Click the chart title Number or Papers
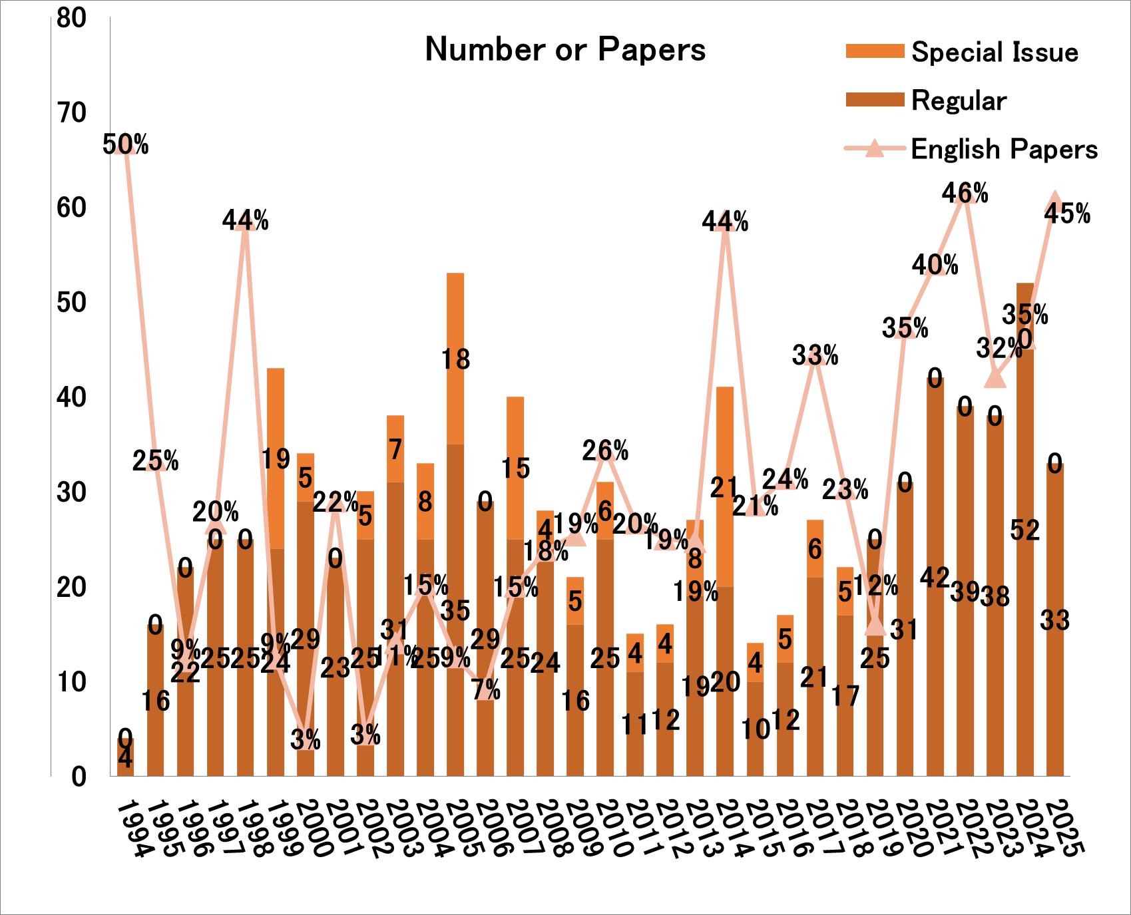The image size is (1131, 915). (x=565, y=50)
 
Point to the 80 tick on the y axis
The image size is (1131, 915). (x=72, y=18)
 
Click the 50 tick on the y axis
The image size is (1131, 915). (x=72, y=303)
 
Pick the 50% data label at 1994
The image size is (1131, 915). (x=125, y=144)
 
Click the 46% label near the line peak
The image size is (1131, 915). (x=965, y=193)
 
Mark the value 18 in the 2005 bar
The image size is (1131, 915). (x=456, y=359)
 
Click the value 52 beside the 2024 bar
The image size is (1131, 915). (x=1024, y=530)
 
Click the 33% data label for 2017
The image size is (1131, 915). (x=815, y=355)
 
